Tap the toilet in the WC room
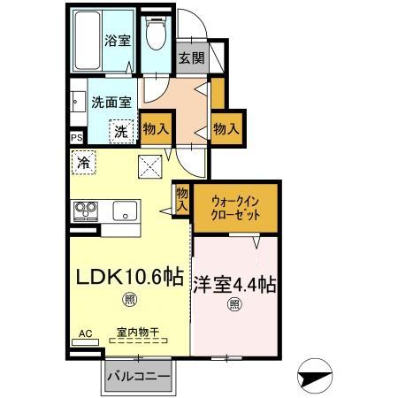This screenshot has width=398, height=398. tap(157, 36)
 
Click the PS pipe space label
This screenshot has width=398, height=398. tap(76, 138)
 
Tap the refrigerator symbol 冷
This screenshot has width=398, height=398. tap(82, 164)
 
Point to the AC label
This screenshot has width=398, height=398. tap(85, 333)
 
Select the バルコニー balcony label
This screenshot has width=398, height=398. tap(138, 376)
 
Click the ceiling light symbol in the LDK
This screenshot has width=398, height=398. tap(130, 301)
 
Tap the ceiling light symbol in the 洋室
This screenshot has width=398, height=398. tap(235, 306)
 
